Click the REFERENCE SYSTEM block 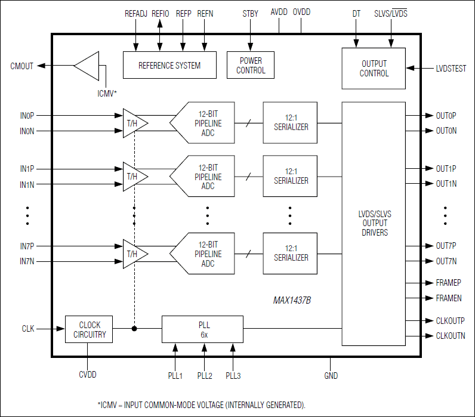click(x=169, y=65)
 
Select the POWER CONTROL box click(x=251, y=65)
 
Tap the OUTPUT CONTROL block click(x=374, y=68)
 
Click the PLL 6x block click(x=202, y=330)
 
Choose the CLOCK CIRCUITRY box click(x=90, y=329)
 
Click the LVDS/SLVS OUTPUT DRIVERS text click(x=374, y=223)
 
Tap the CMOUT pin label click(x=23, y=65)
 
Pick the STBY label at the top click(x=250, y=13)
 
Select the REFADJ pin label click(x=135, y=13)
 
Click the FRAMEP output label click(x=448, y=283)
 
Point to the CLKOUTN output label click(x=451, y=336)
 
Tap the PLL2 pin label click(x=205, y=375)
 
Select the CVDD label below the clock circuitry click(x=87, y=375)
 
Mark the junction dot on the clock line click(x=134, y=328)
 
